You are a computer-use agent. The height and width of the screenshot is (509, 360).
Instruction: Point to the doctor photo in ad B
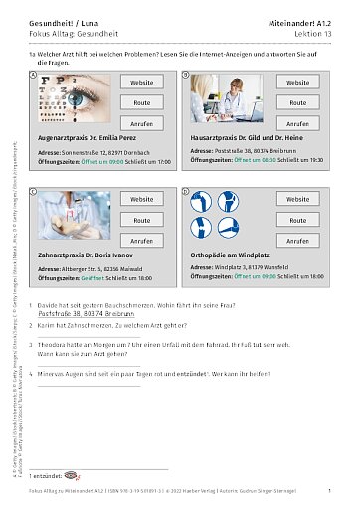click(222, 100)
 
